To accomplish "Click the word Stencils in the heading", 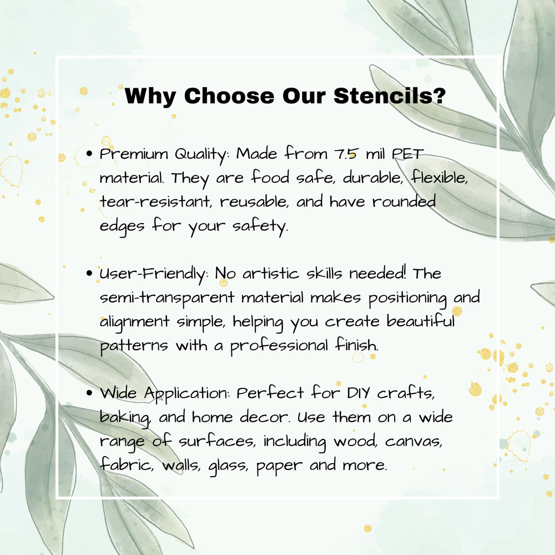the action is [390, 95].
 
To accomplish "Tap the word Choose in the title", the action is [229, 95].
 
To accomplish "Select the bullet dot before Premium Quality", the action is [89, 154].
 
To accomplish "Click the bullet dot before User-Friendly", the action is [89, 273].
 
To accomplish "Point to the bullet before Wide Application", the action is [89, 393].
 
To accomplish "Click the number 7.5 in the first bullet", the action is [345, 154].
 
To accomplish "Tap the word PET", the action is [407, 154].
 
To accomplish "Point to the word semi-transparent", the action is [167, 298].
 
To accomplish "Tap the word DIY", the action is [359, 393].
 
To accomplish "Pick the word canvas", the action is [413, 442].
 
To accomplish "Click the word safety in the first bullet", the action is [260, 226].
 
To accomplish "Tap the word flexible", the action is [439, 177].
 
